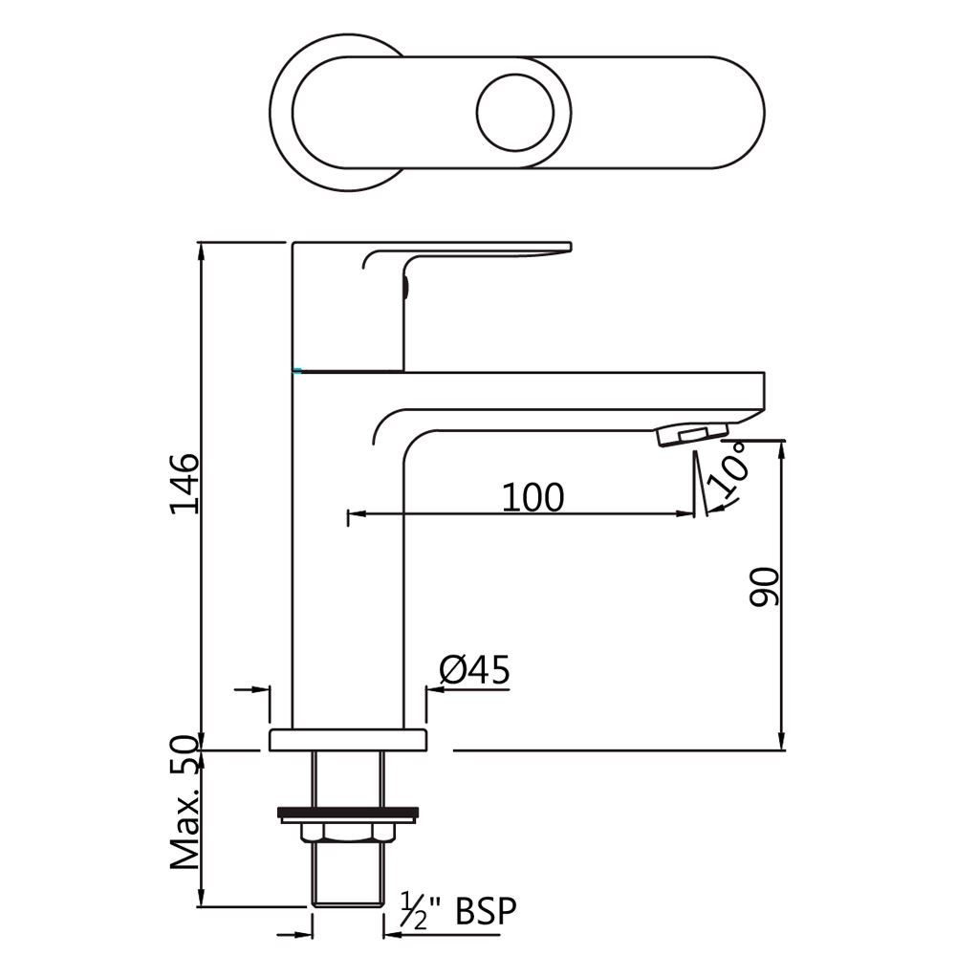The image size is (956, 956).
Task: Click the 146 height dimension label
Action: click(x=185, y=483)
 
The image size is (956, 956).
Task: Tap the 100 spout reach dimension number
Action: click(x=532, y=496)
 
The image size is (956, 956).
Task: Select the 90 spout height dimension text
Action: click(x=766, y=586)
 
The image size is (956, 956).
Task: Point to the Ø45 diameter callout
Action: click(x=474, y=670)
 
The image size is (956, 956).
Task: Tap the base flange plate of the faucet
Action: click(x=348, y=739)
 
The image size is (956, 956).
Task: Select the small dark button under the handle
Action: click(x=405, y=286)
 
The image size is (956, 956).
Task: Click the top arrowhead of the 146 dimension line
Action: click(x=202, y=250)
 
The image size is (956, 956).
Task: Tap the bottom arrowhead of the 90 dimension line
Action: click(x=783, y=741)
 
